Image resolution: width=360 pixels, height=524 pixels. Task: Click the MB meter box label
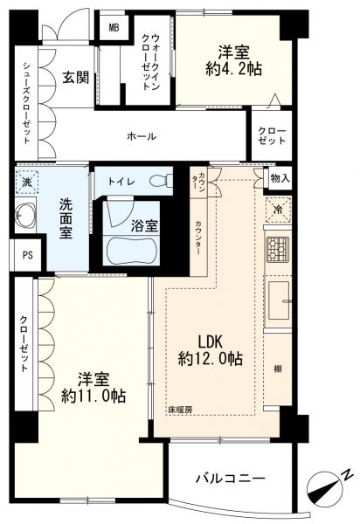tap(114, 28)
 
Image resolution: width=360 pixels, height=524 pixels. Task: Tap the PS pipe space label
tap(28, 255)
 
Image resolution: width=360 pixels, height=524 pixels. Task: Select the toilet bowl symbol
tap(161, 181)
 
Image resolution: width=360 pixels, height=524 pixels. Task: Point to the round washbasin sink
tap(25, 216)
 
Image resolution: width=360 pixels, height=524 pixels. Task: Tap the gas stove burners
tap(278, 249)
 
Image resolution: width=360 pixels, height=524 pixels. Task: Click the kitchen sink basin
tap(279, 300)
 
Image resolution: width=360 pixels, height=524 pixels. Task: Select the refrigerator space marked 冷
tap(278, 210)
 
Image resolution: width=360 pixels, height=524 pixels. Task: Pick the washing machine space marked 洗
tap(26, 183)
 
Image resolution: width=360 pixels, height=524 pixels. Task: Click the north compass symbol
tap(324, 487)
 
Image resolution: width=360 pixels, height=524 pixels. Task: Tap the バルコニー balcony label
tap(231, 479)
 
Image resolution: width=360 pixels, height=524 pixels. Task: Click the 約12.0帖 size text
tap(211, 359)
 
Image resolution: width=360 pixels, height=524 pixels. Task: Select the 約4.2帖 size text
tap(233, 69)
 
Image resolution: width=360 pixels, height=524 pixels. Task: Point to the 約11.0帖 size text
tap(93, 396)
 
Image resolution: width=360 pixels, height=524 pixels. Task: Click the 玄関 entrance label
tap(76, 78)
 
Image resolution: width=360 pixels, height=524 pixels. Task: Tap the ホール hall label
tap(142, 136)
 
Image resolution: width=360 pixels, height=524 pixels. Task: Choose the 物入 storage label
tap(280, 179)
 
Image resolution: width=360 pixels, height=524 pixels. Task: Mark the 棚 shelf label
tap(277, 369)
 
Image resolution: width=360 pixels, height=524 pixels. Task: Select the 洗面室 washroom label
tap(66, 219)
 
